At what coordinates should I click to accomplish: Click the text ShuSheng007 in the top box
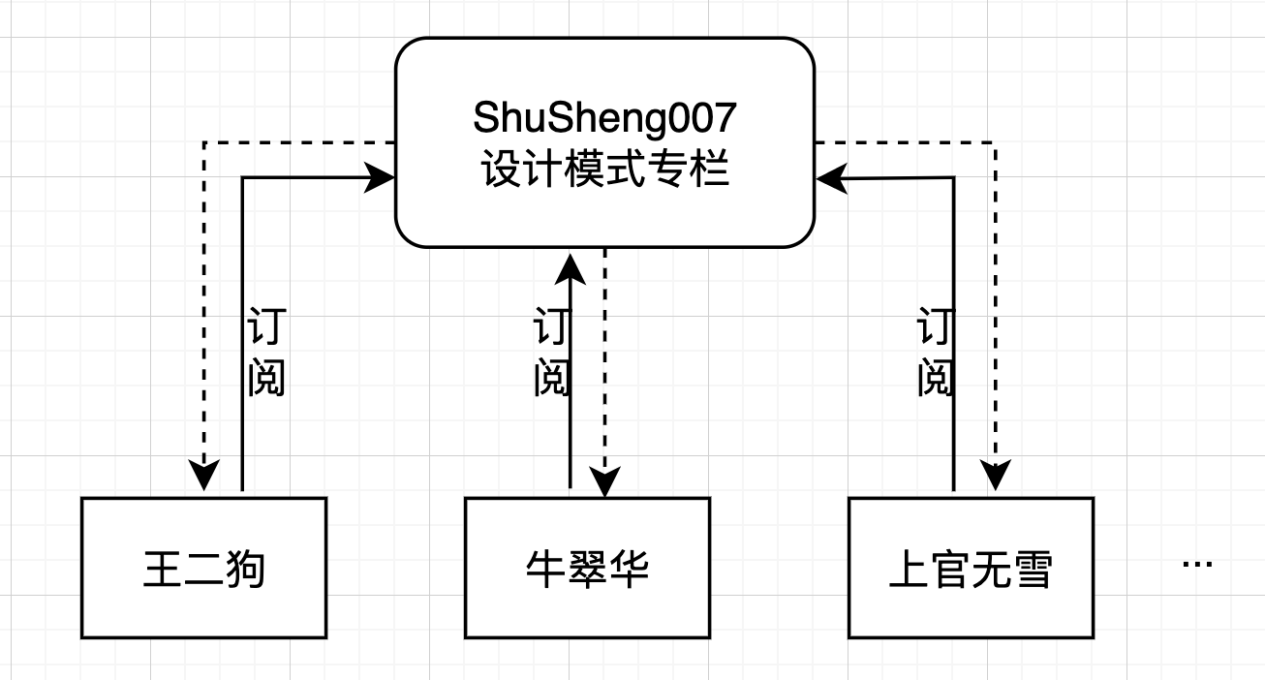click(x=604, y=118)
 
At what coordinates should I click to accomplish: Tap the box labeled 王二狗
click(x=203, y=569)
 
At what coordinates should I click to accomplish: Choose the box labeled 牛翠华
click(x=587, y=569)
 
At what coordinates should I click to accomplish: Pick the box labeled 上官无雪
click(x=971, y=569)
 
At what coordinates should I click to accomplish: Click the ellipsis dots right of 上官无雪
click(x=1197, y=564)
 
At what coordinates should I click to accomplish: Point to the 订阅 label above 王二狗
click(x=265, y=354)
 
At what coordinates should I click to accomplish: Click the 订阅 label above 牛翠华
click(x=550, y=354)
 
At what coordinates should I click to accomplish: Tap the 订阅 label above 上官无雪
click(x=936, y=354)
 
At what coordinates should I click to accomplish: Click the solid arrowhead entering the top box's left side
click(x=382, y=177)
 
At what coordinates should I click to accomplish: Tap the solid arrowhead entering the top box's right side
click(x=829, y=178)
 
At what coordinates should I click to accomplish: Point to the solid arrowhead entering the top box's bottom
click(x=571, y=263)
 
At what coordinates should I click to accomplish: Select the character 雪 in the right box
click(x=1034, y=570)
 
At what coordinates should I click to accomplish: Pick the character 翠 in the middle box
click(x=587, y=570)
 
